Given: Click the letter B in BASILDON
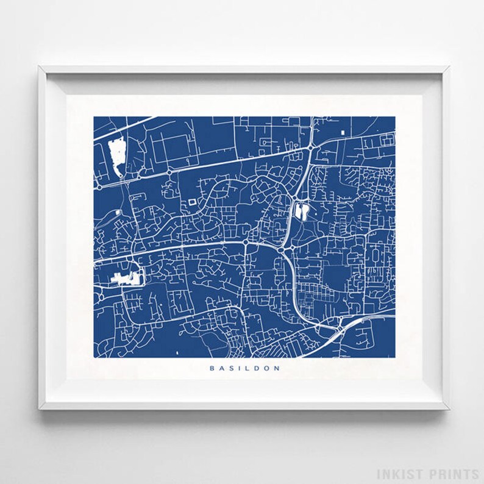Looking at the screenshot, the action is point(212,368).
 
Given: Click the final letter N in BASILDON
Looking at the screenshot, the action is point(277,368).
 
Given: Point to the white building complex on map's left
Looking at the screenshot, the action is point(127,279).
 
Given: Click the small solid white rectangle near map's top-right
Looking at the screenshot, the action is point(343,132).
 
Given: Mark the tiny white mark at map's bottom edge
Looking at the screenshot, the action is point(176,353).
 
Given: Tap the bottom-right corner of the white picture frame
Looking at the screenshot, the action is point(448,408).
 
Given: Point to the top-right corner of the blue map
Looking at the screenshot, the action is point(394,117).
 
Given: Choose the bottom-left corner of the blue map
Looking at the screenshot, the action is point(94,357).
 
